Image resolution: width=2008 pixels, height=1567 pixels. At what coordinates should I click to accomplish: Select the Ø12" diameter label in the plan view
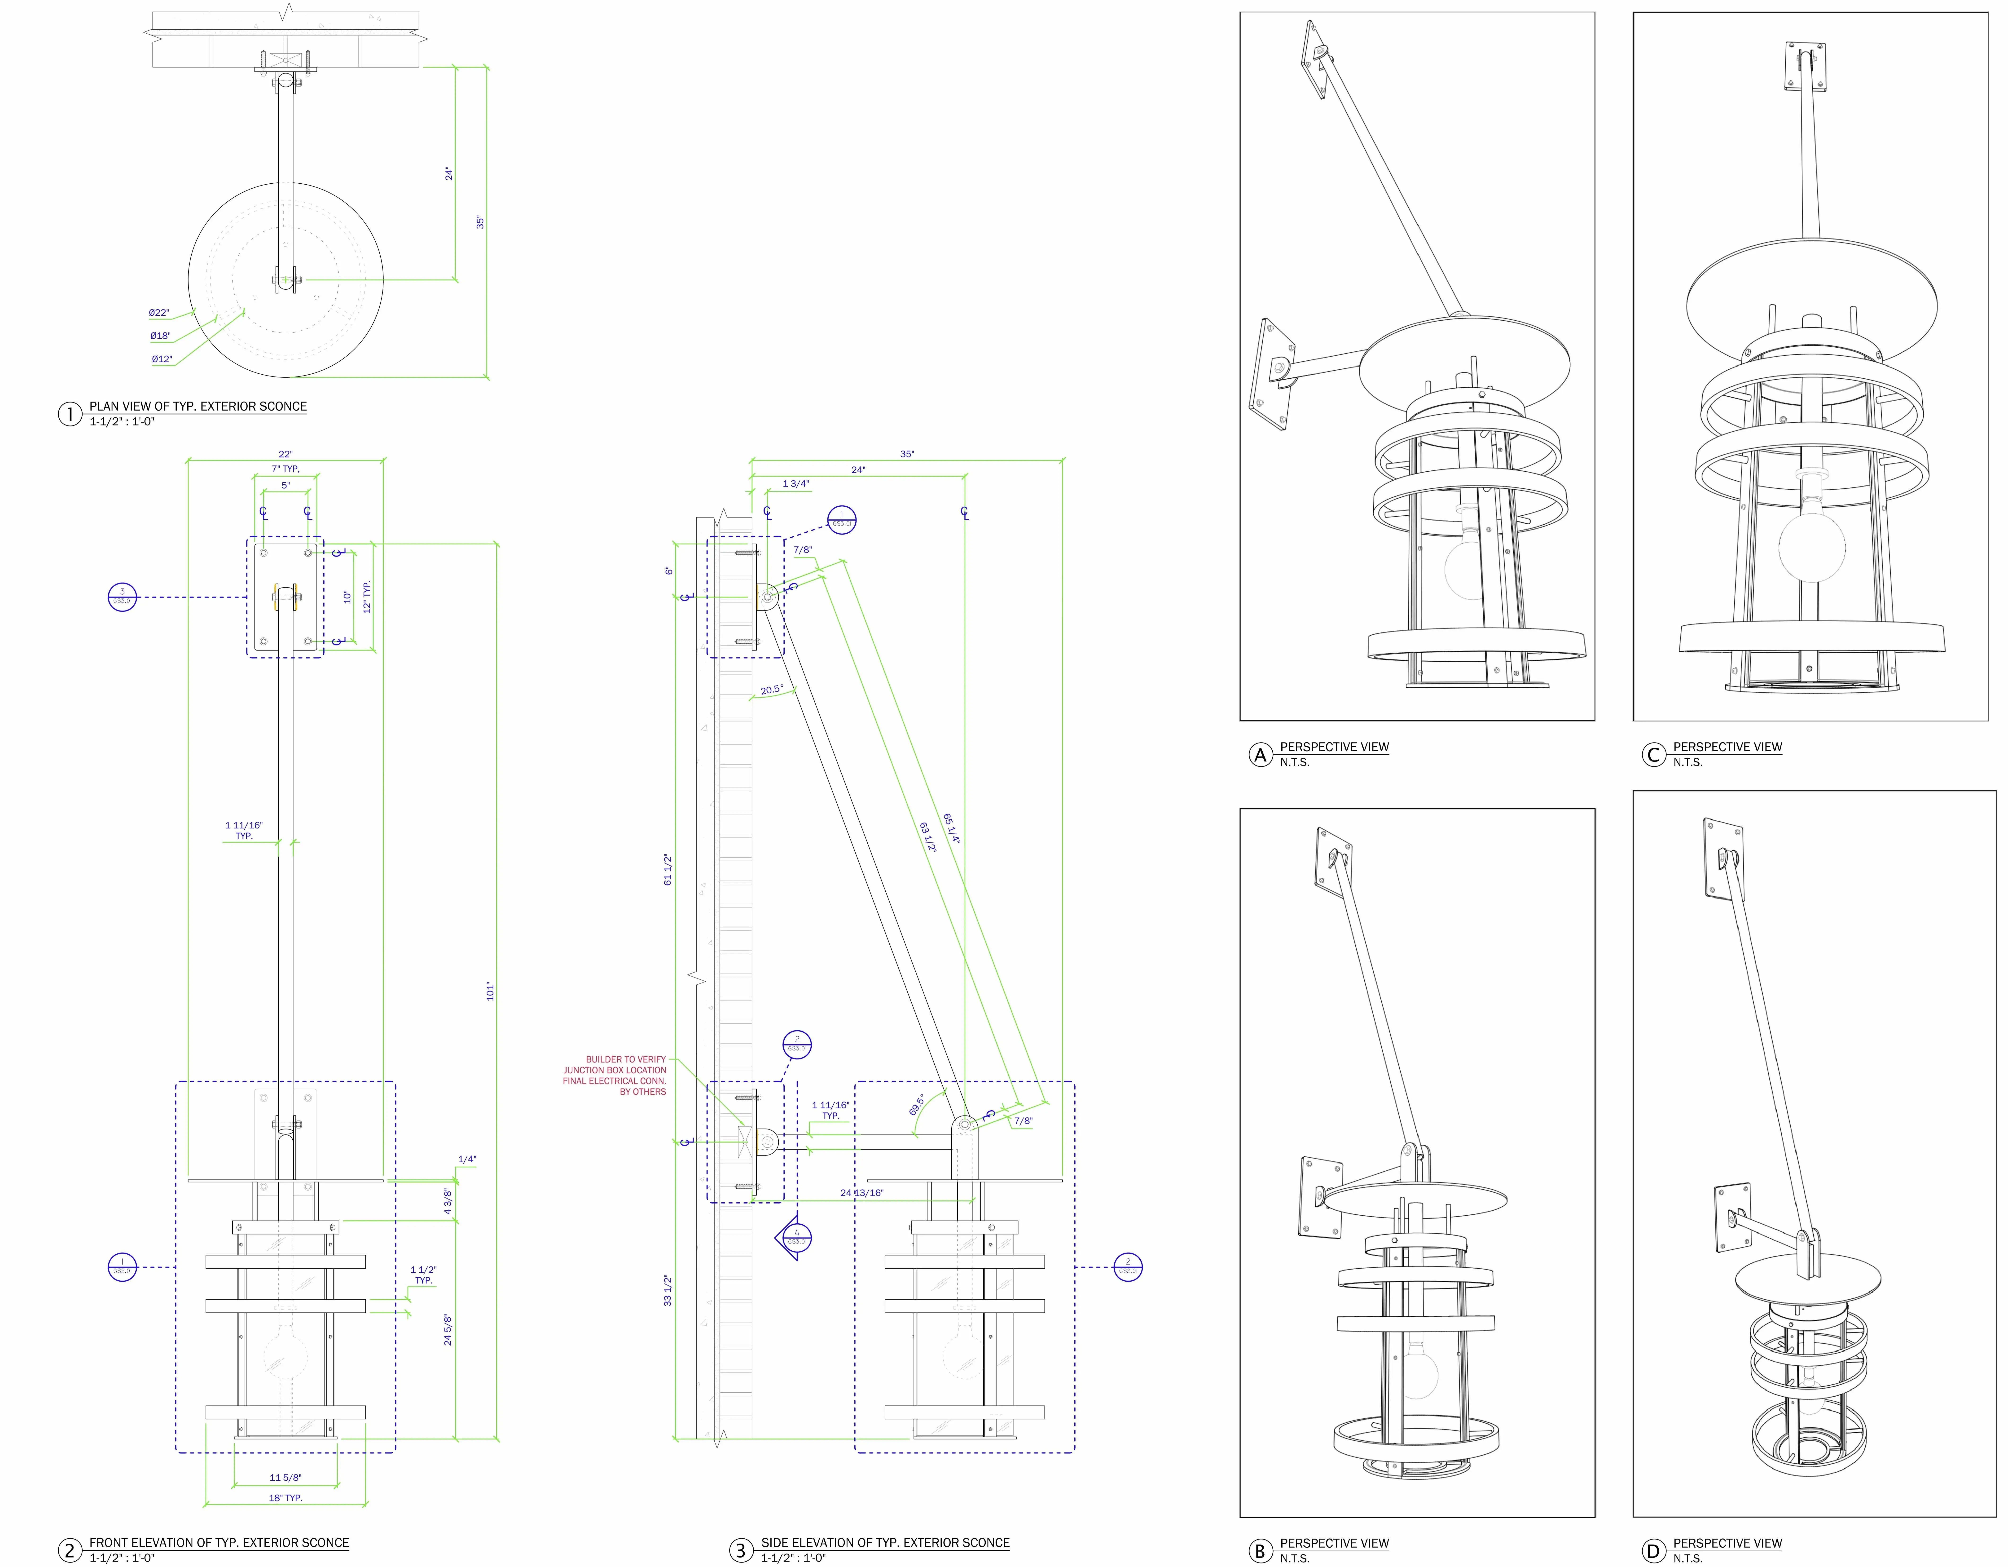tap(162, 359)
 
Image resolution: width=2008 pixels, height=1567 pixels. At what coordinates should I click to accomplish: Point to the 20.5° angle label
tap(771, 690)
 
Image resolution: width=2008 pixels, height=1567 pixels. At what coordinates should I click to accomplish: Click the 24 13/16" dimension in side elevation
tap(861, 1193)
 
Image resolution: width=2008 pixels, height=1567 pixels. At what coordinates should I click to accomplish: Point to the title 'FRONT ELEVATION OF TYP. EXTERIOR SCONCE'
tap(219, 1542)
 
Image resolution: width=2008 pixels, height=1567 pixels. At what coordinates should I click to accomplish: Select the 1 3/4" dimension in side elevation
tap(795, 484)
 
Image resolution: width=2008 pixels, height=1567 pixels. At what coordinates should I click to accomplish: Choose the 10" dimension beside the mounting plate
tap(347, 597)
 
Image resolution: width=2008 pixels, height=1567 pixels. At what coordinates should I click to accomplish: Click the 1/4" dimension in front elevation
tap(467, 1160)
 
